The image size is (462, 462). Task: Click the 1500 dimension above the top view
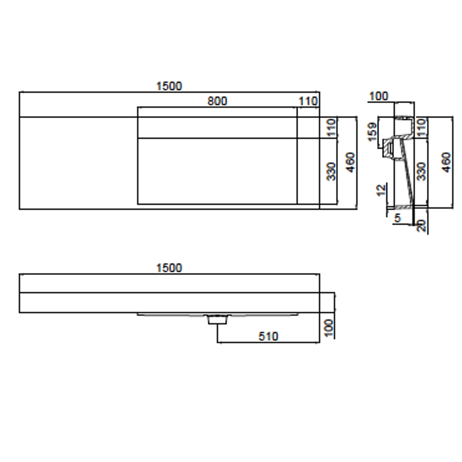coord(169,86)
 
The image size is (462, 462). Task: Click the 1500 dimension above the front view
coord(169,268)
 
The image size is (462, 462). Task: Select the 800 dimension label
coord(217,101)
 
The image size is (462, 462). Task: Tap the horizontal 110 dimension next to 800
coord(308,101)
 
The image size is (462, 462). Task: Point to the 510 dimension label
coord(268,336)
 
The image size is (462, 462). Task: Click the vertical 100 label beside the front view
coord(329,328)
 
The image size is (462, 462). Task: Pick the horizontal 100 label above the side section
coord(378,96)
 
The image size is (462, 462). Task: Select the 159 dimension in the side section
coord(372,132)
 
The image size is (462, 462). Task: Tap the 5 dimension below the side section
coord(397,218)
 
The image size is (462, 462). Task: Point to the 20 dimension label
coord(421,225)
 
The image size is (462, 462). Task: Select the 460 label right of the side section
coord(447,162)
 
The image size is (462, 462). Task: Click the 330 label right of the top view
coord(332,171)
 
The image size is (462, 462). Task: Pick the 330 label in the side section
coord(421,171)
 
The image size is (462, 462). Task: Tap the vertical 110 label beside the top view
coord(332,127)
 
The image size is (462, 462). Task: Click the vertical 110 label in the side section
coord(421,127)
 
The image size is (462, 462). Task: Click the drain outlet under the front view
coord(217,320)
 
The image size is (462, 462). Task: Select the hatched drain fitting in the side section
coord(389,149)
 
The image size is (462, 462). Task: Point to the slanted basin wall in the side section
coord(407,174)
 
